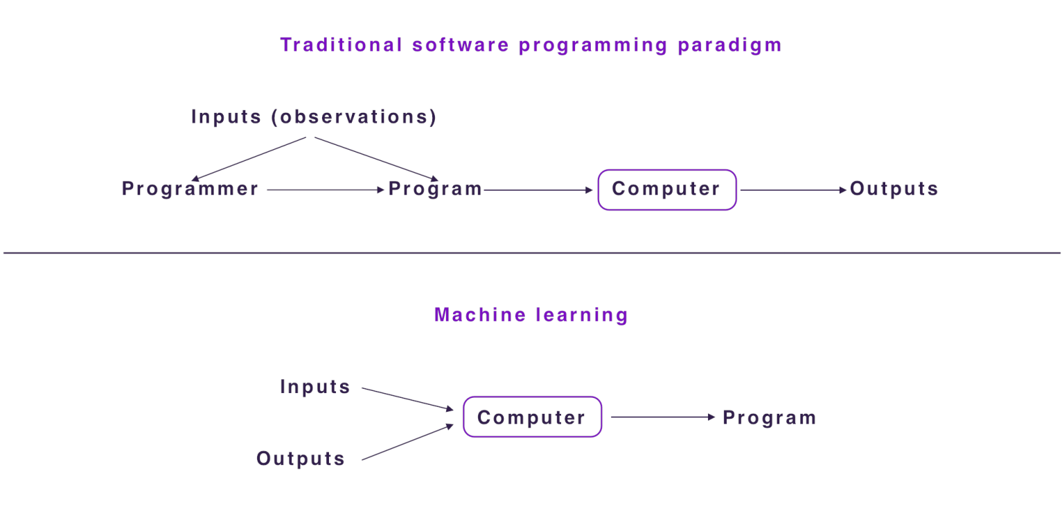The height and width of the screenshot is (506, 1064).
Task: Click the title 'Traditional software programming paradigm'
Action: (531, 45)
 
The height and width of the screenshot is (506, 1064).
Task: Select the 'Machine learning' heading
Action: (531, 315)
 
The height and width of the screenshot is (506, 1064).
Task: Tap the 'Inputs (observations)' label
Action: (314, 117)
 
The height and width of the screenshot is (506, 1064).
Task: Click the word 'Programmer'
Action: (190, 189)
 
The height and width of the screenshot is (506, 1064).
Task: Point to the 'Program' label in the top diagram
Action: (435, 189)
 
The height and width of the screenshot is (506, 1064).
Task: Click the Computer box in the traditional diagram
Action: (666, 189)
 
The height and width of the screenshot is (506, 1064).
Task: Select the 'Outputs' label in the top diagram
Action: (894, 189)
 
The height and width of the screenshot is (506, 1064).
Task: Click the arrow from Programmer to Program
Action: (324, 189)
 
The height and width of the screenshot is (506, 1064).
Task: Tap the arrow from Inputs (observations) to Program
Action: (377, 159)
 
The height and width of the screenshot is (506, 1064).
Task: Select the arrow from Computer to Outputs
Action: (793, 189)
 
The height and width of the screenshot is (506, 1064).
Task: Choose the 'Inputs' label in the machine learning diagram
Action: (315, 387)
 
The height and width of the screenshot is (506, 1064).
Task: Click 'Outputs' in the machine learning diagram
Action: (301, 459)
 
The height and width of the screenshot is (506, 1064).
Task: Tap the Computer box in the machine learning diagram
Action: (532, 417)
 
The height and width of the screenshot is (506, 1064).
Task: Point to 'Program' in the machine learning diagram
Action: (770, 418)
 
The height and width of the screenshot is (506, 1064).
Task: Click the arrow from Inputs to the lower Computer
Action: (407, 399)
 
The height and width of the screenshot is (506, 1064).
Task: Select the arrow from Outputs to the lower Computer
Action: (407, 442)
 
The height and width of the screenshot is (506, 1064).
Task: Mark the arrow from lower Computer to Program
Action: (662, 417)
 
